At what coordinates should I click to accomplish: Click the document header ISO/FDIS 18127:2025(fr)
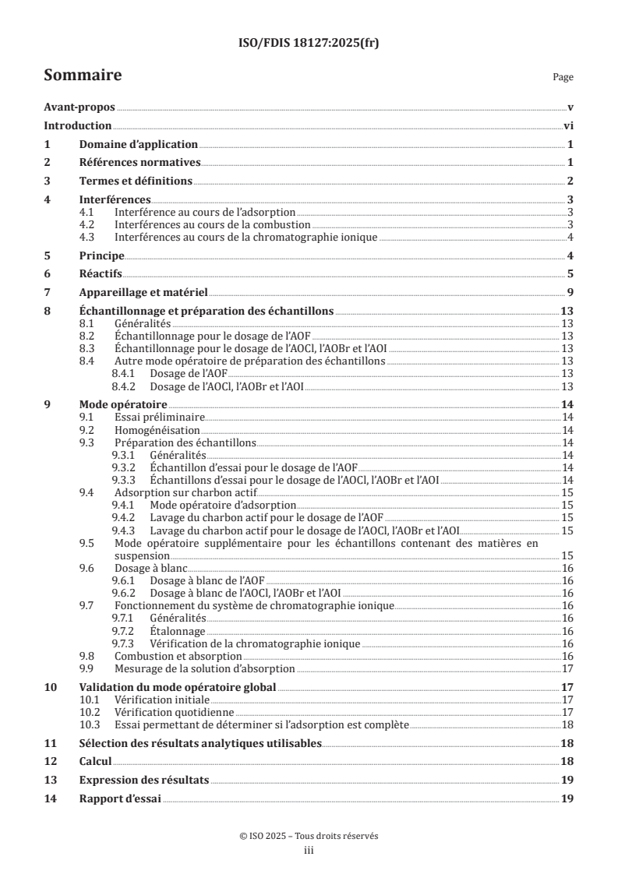309,43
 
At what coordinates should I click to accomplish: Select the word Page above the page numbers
563,78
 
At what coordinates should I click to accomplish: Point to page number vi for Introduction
568,126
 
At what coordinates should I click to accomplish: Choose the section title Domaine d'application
138,145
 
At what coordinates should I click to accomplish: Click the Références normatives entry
140,163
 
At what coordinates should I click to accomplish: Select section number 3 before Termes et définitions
47,181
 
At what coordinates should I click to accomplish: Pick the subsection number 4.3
88,237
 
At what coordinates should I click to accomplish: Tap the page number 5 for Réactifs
570,274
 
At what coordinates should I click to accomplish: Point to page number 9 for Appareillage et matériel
570,292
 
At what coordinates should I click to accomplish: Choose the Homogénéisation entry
157,430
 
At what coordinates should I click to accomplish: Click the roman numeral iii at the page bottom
309,851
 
